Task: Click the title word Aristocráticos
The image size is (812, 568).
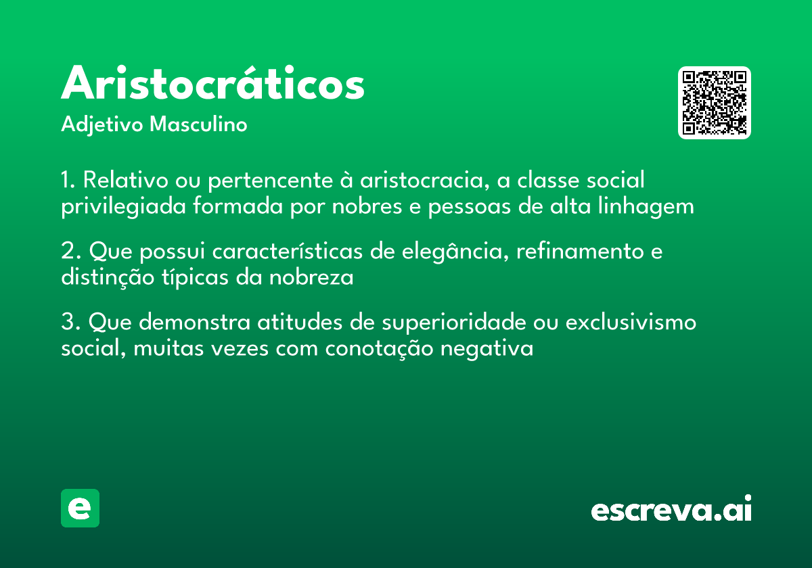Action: click(x=212, y=85)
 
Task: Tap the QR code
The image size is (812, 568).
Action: click(x=715, y=103)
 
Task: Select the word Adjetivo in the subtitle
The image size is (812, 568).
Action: click(x=102, y=126)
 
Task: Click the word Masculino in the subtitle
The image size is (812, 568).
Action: click(x=198, y=125)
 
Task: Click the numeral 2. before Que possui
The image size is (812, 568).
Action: click(x=70, y=252)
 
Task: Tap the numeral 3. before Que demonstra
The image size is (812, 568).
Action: click(x=70, y=323)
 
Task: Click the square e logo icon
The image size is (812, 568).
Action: click(x=80, y=508)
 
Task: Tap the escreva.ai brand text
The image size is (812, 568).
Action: click(x=671, y=510)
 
